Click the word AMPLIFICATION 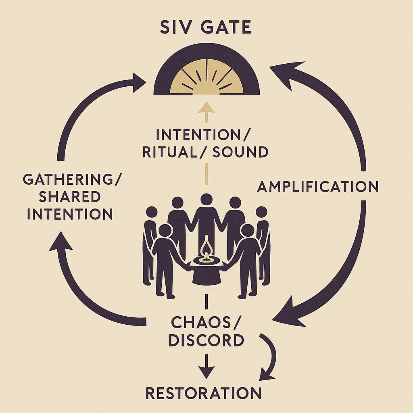(x=318, y=186)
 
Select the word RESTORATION (x=203, y=393)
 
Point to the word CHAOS (x=201, y=322)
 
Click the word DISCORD (x=206, y=340)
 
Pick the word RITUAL (x=170, y=152)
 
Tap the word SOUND (x=240, y=152)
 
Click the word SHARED (x=70, y=196)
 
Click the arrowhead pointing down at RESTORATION (x=206, y=372)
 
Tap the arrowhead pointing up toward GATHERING (x=61, y=242)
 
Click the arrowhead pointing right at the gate (x=139, y=83)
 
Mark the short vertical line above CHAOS (x=206, y=302)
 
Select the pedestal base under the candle (x=206, y=274)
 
